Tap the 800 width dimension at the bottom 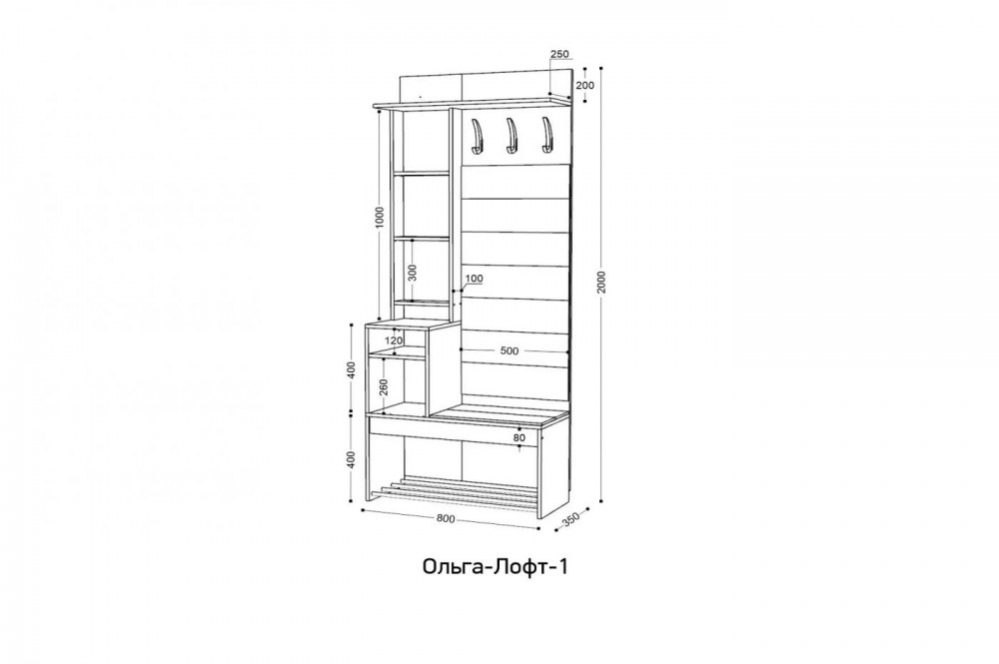(x=446, y=518)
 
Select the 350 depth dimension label (x=569, y=520)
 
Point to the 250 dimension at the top (x=558, y=55)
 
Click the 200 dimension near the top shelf (x=584, y=85)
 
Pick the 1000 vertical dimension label (x=381, y=218)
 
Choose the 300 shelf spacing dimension (x=412, y=273)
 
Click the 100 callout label (x=474, y=279)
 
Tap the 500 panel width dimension (x=509, y=350)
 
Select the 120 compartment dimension (x=395, y=340)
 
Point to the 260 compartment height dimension (x=383, y=387)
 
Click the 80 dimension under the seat (x=519, y=438)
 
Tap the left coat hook (x=475, y=136)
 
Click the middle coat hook (x=510, y=136)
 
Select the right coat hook (x=546, y=135)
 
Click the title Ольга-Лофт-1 (x=495, y=566)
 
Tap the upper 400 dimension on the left (x=351, y=369)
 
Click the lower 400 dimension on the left (x=351, y=458)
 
